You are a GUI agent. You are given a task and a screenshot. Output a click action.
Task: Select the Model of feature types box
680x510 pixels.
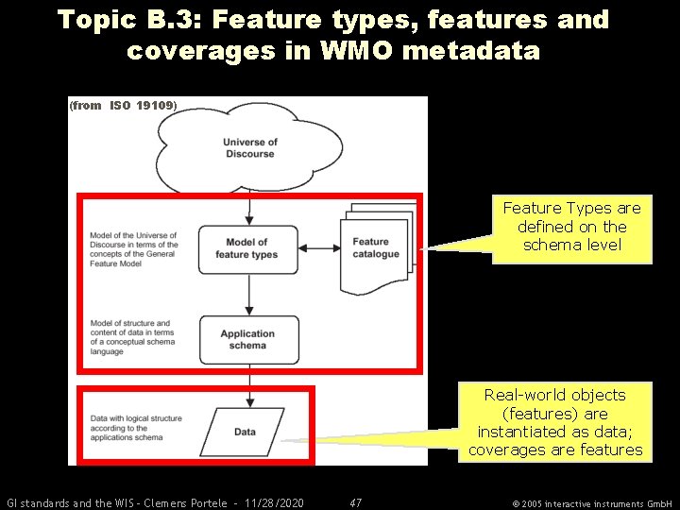pyautogui.click(x=247, y=248)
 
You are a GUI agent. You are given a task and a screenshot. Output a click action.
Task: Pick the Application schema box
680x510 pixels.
pyautogui.click(x=248, y=340)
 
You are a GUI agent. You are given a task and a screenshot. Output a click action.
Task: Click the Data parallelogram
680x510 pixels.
pyautogui.click(x=245, y=432)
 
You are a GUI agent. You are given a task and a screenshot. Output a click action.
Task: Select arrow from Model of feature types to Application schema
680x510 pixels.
pyautogui.click(x=248, y=295)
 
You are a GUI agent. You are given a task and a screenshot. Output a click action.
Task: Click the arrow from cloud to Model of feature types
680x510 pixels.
pyautogui.click(x=248, y=208)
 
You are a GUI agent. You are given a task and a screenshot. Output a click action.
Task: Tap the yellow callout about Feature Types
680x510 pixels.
pyautogui.click(x=570, y=227)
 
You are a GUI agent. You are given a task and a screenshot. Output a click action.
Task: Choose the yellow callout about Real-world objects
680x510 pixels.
pyautogui.click(x=554, y=422)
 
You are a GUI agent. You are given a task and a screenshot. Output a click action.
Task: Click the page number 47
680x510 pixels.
pyautogui.click(x=356, y=502)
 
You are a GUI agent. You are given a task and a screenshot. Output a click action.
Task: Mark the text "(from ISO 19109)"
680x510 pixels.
pyautogui.click(x=123, y=106)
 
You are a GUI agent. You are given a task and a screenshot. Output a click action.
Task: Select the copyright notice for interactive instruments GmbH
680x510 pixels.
pyautogui.click(x=590, y=503)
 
